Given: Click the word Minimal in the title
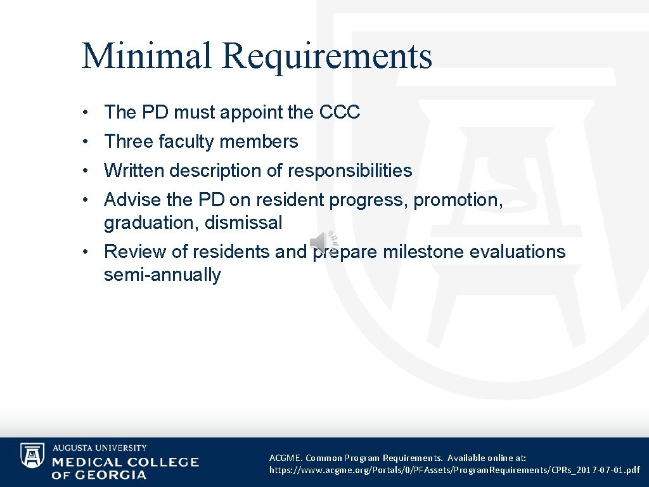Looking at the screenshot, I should (x=146, y=55).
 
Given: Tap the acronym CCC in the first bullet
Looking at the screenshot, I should (x=340, y=112).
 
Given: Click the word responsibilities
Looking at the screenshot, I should (x=350, y=171).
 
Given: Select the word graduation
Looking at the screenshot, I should (x=151, y=223).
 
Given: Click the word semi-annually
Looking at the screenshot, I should (x=162, y=275).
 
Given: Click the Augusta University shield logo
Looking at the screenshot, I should (x=32, y=455).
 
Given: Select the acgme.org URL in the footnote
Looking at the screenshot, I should (x=454, y=471).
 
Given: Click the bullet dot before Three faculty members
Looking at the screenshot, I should (x=84, y=142).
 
